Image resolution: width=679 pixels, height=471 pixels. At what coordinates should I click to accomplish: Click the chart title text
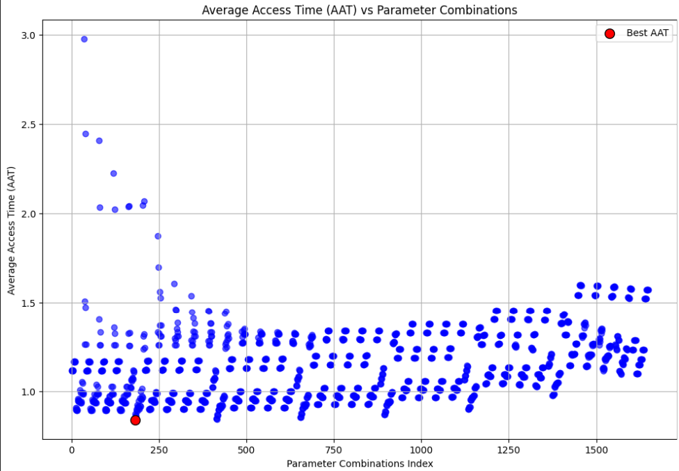359,10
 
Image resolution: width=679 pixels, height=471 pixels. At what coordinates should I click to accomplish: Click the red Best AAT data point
135,420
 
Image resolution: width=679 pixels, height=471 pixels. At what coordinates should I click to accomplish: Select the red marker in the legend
609,33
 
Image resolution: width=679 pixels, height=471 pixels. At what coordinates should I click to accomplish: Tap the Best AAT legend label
648,33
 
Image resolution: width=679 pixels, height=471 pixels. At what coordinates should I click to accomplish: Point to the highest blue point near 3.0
84,39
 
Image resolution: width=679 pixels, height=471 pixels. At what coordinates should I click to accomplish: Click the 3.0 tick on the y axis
29,35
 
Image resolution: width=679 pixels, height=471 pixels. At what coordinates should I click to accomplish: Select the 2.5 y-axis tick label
29,125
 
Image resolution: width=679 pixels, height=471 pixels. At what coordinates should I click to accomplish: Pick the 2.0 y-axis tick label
29,214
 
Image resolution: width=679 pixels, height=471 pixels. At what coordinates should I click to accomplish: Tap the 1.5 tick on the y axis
29,303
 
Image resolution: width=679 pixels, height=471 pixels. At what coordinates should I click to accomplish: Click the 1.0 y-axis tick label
29,392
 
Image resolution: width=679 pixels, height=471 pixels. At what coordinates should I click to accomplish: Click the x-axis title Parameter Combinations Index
359,463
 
